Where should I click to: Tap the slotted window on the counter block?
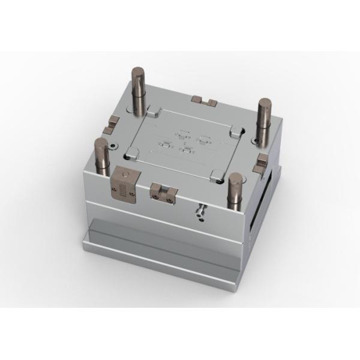[124, 192]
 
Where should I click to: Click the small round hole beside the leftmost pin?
[113, 146]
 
